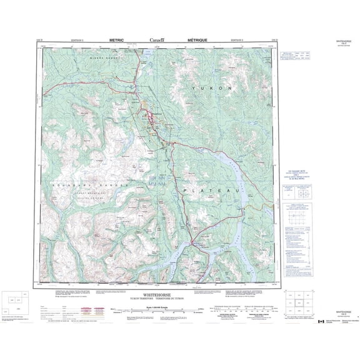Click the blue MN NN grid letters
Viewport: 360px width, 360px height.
point(154,181)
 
